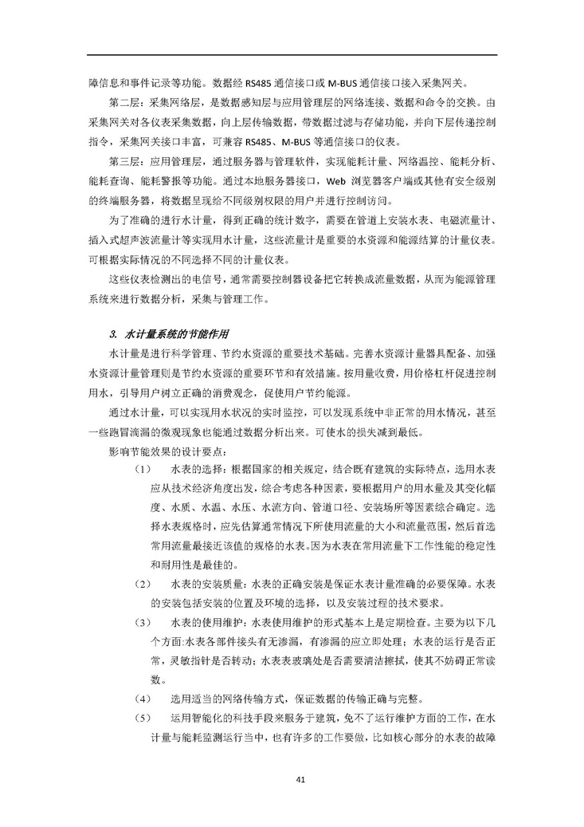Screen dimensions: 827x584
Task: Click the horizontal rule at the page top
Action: pos(292,55)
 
